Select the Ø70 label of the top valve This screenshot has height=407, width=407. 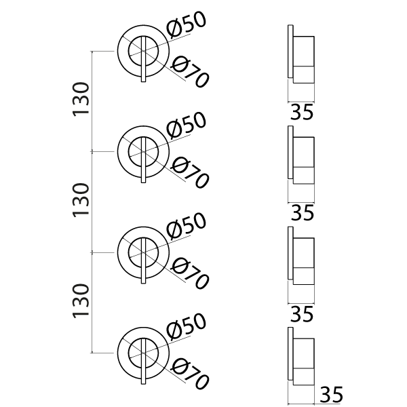point(190,71)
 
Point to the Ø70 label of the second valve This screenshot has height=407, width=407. point(190,172)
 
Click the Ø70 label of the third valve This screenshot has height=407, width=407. point(190,272)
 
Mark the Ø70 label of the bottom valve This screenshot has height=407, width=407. point(190,372)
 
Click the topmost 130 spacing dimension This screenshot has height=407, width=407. point(81,100)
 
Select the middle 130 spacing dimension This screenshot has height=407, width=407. point(81,201)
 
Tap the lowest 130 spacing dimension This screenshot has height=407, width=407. point(81,302)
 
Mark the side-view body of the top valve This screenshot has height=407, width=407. point(304,57)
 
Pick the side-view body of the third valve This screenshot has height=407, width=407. point(304,258)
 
